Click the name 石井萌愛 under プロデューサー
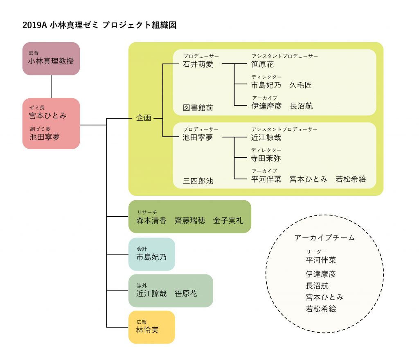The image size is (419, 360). click(198, 64)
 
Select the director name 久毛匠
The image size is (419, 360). click(300, 85)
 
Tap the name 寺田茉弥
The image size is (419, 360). click(266, 158)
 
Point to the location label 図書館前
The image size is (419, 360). click(198, 108)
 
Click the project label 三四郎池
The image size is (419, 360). click(198, 181)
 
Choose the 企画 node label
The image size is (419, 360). click(144, 118)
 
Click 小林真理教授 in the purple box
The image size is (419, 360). click(51, 61)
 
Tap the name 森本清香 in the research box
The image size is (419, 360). click(151, 221)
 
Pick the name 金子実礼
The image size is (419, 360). click(228, 221)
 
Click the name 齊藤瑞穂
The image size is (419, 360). click(189, 221)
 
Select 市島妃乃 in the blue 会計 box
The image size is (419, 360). click(151, 257)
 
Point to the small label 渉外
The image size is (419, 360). click(142, 285)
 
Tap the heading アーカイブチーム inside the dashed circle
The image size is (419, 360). click(324, 238)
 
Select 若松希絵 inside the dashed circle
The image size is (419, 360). click(321, 309)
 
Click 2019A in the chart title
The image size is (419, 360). click(34, 25)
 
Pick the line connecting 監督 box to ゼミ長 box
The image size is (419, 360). click(51, 86)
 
